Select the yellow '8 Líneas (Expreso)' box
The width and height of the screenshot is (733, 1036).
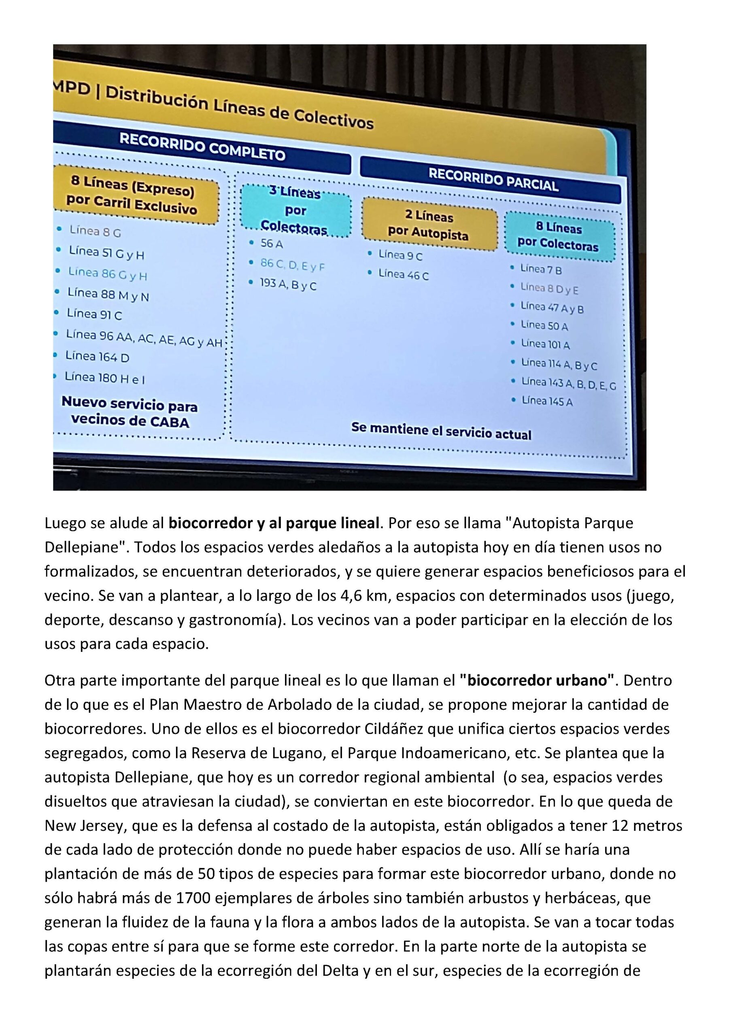(x=133, y=195)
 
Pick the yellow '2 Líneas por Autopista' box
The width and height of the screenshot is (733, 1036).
(x=429, y=224)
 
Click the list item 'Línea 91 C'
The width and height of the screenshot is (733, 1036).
(x=94, y=314)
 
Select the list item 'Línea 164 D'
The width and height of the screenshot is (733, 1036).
(x=97, y=357)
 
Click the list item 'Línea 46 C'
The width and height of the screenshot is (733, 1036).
(x=404, y=274)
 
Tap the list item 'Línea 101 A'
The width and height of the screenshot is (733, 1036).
(x=545, y=344)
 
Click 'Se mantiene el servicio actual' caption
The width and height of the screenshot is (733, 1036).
(x=441, y=431)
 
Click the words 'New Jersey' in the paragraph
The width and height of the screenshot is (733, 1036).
(x=84, y=826)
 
